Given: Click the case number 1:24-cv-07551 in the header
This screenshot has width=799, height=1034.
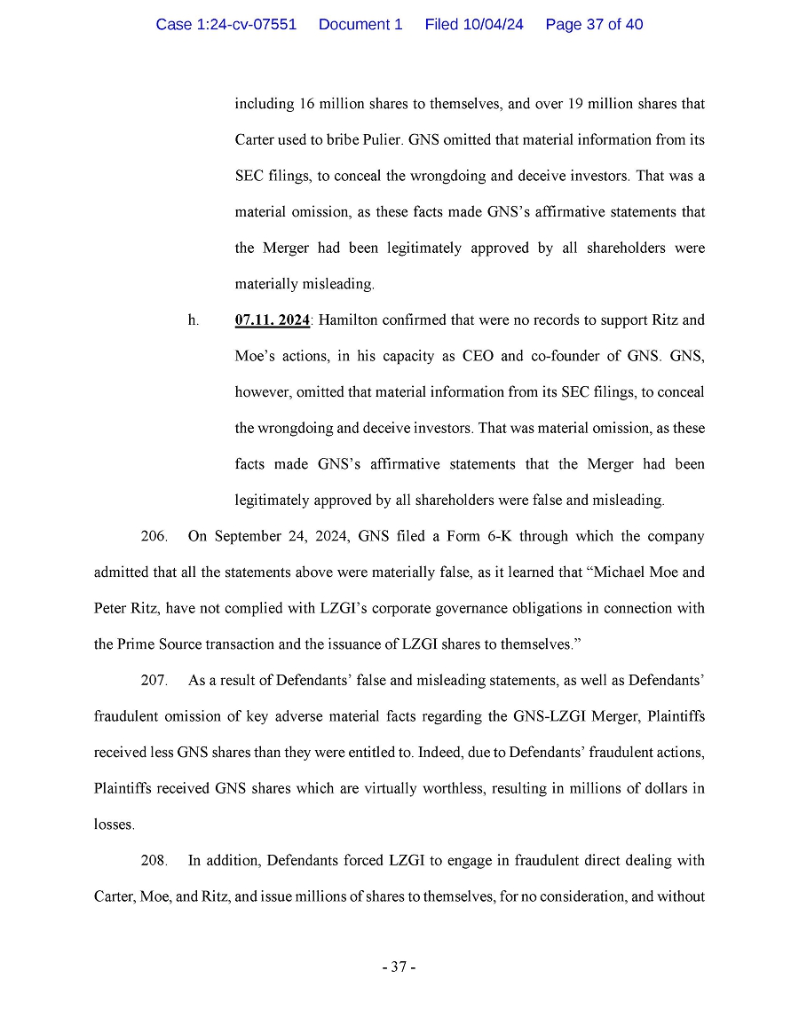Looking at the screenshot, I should pos(225,25).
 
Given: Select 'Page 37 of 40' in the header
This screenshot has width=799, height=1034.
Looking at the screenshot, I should pos(594,25).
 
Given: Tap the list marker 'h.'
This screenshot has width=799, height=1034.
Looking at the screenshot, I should pos(194,320).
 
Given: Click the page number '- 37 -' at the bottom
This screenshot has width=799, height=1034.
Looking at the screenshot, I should pos(399,967).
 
